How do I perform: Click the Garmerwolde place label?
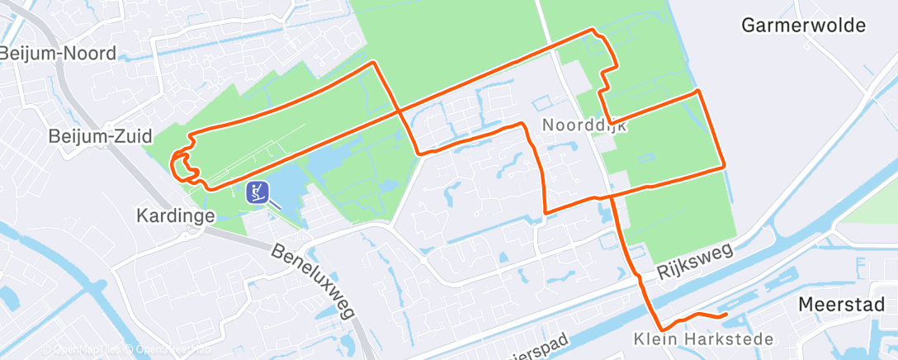click(x=804, y=25)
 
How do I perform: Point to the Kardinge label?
click(x=176, y=216)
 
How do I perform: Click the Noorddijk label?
click(x=585, y=126)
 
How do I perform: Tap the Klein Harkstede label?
click(x=703, y=339)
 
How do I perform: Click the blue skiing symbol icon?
click(x=258, y=192)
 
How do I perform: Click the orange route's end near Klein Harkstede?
click(x=724, y=315)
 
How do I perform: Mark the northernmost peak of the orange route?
click(x=592, y=30)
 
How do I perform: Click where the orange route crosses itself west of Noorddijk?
click(x=398, y=110)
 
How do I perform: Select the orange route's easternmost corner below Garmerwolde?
click(x=724, y=166)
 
